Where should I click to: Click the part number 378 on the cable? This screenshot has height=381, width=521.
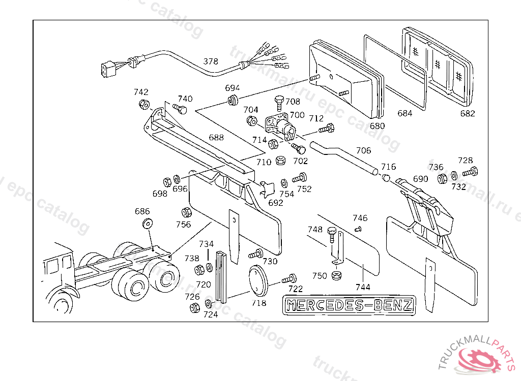pos(211,61)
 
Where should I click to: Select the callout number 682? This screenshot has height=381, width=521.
pos(467,113)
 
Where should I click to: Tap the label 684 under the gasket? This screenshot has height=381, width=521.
pos(404,113)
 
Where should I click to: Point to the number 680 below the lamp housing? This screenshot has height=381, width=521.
pos(377,126)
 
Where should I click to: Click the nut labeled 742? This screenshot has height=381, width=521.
pos(144,105)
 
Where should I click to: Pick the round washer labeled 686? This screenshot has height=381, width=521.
pos(148,223)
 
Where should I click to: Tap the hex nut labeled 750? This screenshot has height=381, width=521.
pos(336,276)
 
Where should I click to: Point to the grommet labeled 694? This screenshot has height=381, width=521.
pos(234,99)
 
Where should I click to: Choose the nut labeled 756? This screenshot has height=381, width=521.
pos(186,212)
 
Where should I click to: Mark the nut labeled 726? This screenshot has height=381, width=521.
pos(194,307)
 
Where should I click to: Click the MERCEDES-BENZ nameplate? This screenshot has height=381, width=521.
pos(350,305)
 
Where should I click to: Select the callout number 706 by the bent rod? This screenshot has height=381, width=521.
pos(363,151)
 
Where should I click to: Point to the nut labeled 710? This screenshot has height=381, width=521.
pos(279,162)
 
